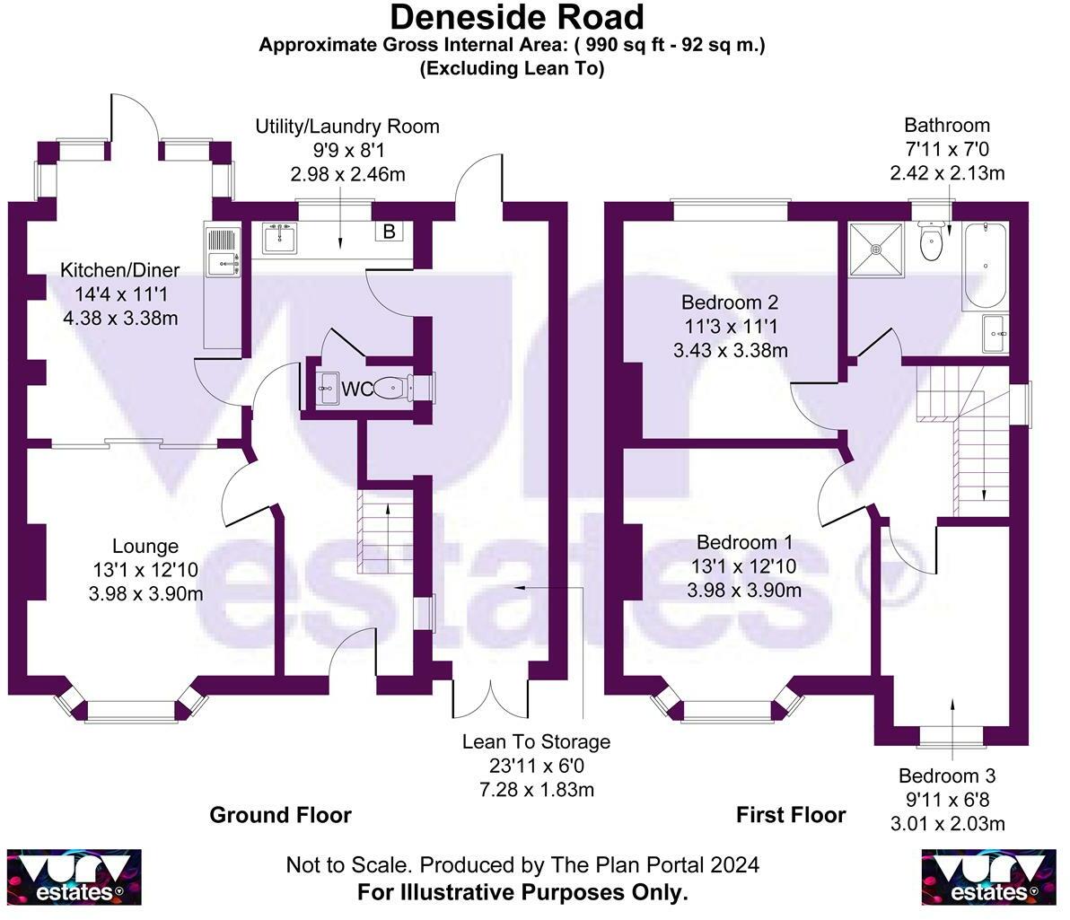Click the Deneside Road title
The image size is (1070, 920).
click(x=516, y=17)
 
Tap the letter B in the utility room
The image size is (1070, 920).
click(x=390, y=232)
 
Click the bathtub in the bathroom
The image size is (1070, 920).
click(x=985, y=267)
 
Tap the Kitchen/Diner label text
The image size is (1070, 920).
click(x=119, y=270)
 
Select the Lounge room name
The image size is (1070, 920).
click(x=145, y=546)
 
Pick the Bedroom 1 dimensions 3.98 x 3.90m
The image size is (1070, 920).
click(x=744, y=590)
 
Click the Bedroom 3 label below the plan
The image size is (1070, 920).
click(x=947, y=776)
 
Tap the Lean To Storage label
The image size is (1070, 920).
click(x=536, y=742)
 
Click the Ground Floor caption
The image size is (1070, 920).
click(x=280, y=815)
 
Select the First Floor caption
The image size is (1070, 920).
click(x=791, y=815)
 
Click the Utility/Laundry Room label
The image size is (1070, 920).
click(x=347, y=126)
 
